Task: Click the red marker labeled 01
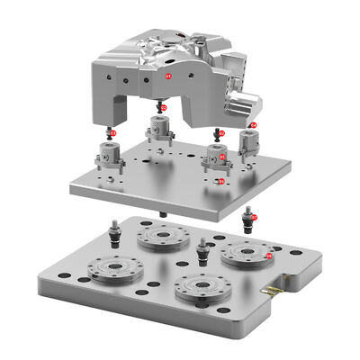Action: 168,77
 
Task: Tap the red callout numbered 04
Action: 253,125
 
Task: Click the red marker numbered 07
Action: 254,217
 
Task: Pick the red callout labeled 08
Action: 270,256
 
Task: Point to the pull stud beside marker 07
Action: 247,219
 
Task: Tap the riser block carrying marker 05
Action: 216,157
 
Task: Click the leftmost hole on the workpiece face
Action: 109,78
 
